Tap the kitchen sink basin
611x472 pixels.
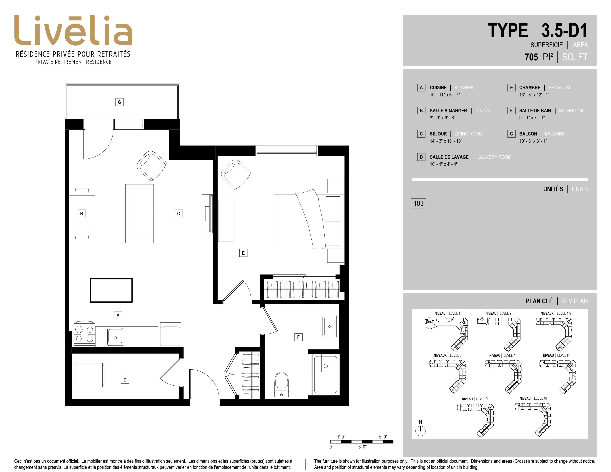115,337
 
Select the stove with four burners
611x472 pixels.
84,334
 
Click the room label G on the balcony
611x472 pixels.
119,102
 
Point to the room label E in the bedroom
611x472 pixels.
243,253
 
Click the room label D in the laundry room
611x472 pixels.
125,380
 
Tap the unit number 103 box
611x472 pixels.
418,203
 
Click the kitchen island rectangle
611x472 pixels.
111,290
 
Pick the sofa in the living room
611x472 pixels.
139,214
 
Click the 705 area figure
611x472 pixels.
531,57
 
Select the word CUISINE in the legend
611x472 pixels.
438,88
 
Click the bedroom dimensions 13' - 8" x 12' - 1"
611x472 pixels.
534,95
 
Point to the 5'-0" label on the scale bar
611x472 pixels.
383,437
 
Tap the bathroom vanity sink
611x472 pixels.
330,326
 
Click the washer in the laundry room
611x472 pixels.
90,375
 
